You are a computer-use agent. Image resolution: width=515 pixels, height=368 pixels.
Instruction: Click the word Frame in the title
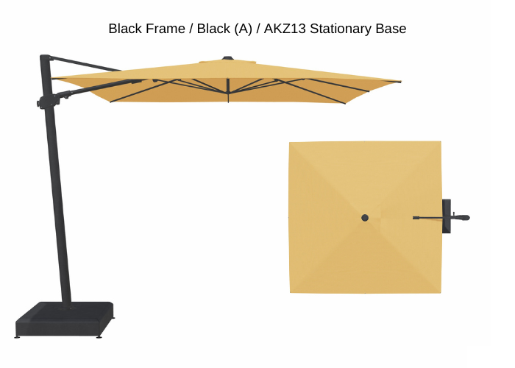[x=166, y=29]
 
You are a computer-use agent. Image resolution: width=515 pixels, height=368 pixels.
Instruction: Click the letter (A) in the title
[x=243, y=29]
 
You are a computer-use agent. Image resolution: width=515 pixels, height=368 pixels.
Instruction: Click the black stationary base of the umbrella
[x=65, y=319]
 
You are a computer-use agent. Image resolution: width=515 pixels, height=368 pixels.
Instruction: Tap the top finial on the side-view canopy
[x=227, y=58]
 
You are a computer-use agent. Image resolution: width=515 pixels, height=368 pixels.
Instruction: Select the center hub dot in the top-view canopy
[x=365, y=218]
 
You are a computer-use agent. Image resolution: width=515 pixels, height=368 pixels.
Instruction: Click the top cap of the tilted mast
[x=45, y=57]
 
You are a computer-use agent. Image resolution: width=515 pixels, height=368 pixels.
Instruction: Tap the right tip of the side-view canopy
[x=401, y=82]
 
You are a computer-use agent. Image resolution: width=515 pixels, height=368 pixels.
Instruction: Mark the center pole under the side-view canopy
[x=228, y=90]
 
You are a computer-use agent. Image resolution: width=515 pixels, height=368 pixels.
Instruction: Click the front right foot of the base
[x=99, y=337]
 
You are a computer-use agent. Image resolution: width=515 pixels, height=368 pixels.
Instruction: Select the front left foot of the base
[x=17, y=336]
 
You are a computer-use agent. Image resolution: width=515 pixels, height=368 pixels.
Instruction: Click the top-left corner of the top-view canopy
[x=289, y=142]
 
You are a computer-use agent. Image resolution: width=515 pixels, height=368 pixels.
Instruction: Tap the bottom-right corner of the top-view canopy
[x=441, y=292]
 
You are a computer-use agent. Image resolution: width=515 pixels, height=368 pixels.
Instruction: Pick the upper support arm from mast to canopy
[x=85, y=64]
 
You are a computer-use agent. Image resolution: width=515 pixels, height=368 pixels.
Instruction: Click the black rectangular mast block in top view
[x=447, y=216]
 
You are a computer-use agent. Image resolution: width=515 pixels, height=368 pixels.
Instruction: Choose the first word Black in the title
[x=126, y=29]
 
